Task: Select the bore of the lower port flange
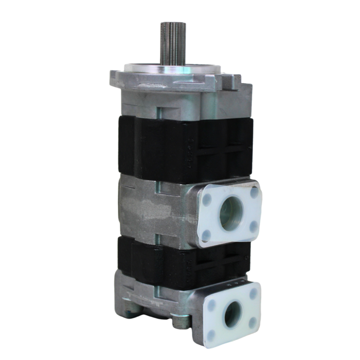[x=232, y=313]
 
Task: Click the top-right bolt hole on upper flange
[x=254, y=193]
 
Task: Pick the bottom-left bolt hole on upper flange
[x=207, y=235]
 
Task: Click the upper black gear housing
[x=170, y=149]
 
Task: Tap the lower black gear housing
[x=170, y=262]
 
